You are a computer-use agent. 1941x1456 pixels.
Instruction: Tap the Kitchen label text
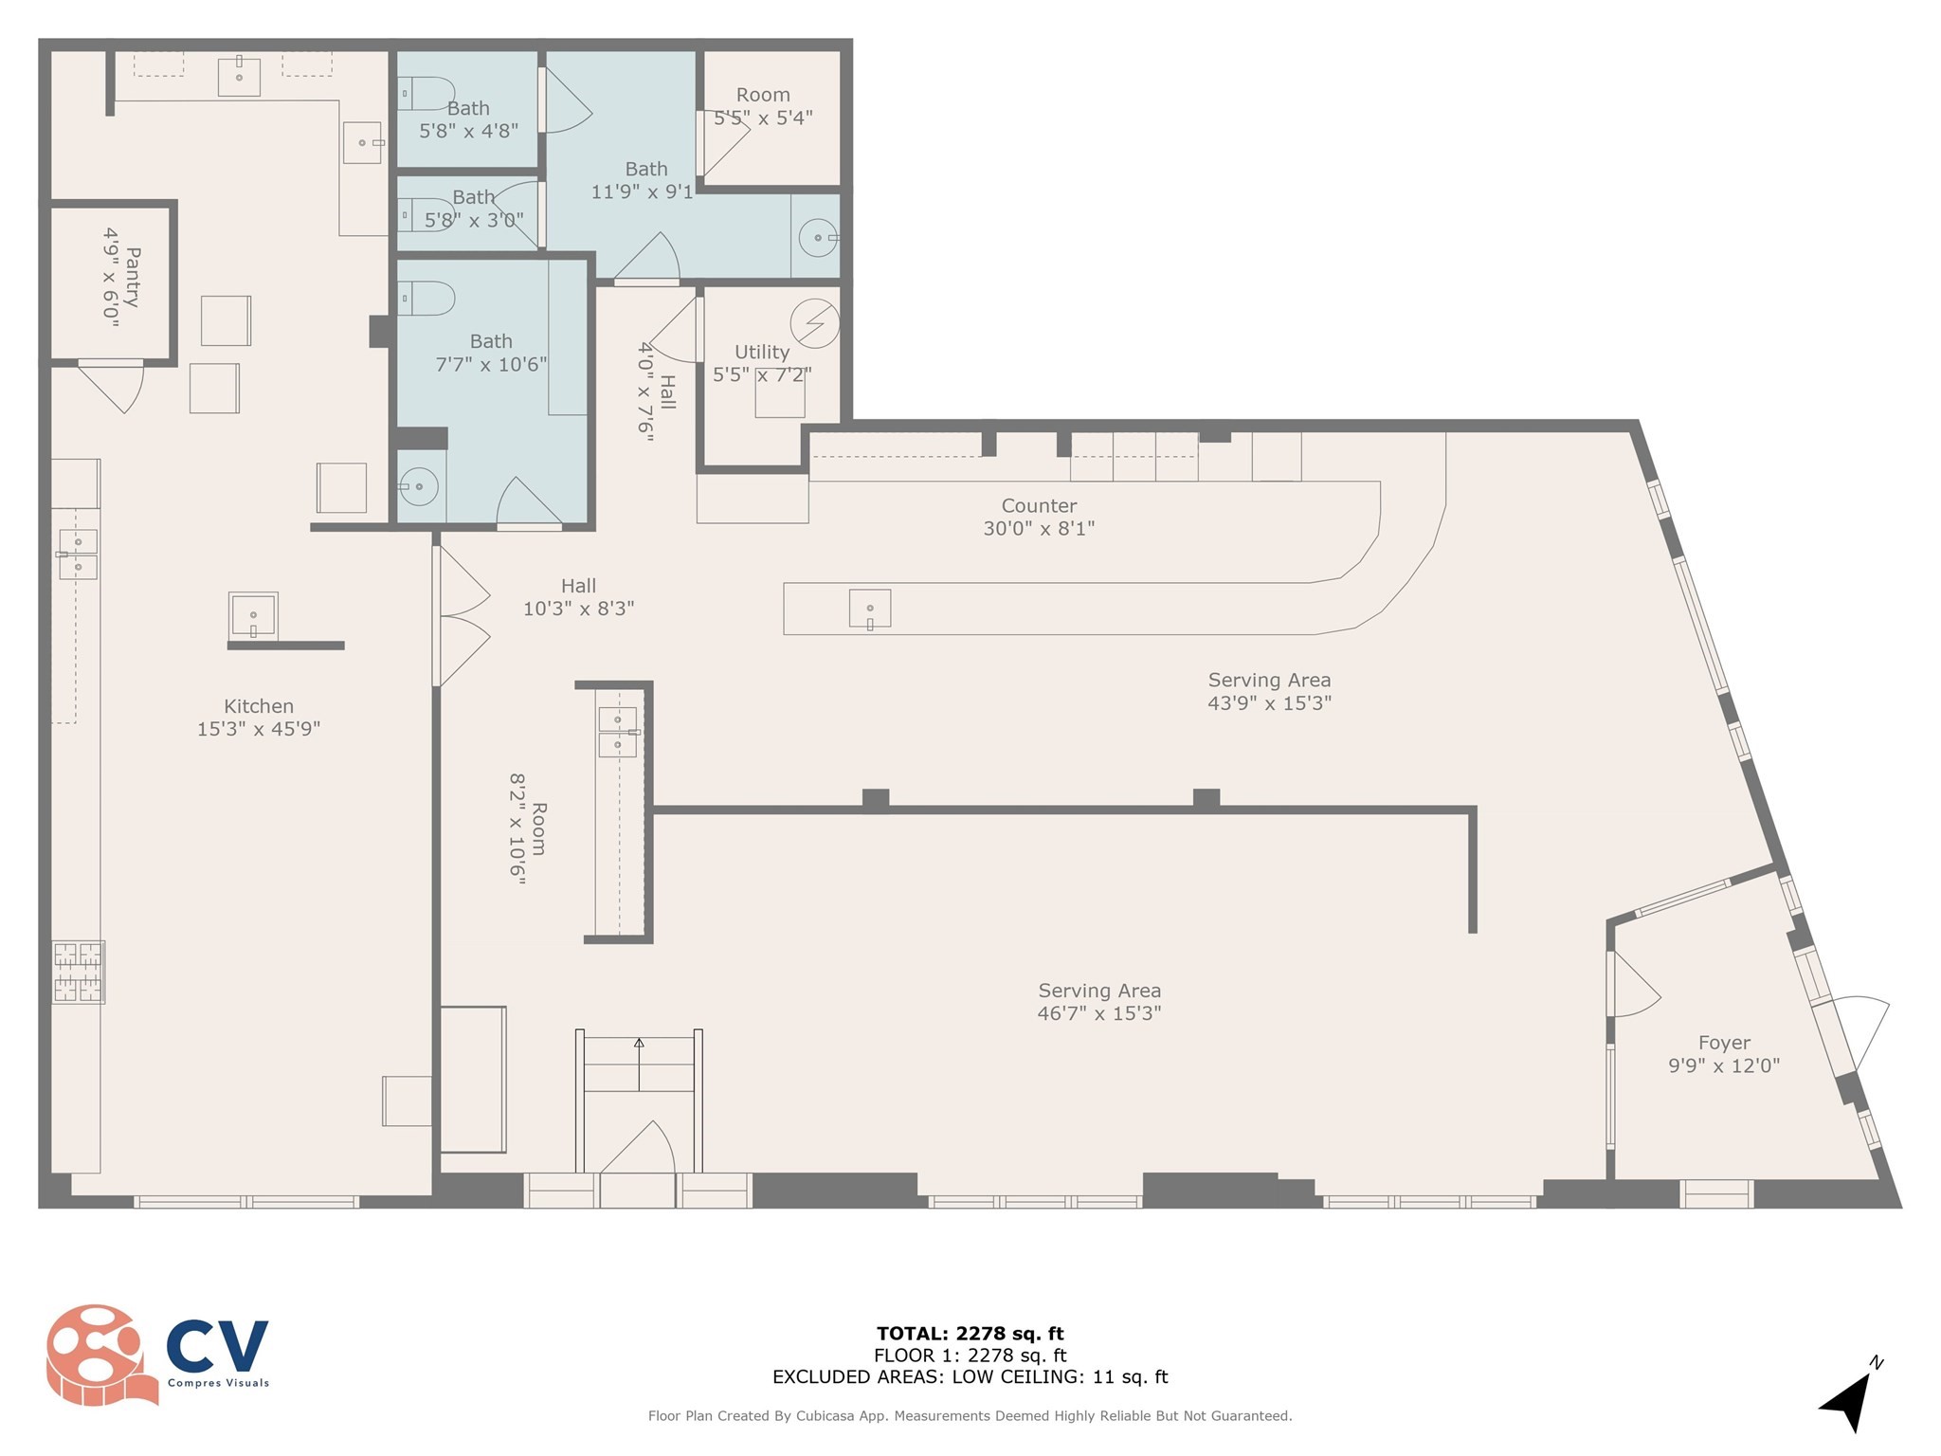pos(259,706)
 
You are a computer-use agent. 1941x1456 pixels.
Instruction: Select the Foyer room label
pos(1724,1043)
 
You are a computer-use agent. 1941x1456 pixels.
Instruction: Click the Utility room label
pos(762,352)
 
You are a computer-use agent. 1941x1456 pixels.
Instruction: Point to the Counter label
pos(1039,505)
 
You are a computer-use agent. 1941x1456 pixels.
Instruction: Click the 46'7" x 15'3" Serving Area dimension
pos(1099,1012)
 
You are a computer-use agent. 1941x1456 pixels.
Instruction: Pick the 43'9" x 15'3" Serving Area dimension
pos(1269,702)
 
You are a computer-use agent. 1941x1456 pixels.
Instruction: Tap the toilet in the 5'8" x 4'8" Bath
pos(426,94)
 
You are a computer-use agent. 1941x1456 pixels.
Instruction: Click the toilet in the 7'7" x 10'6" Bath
pos(426,299)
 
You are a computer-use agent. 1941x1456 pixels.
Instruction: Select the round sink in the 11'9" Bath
pos(818,237)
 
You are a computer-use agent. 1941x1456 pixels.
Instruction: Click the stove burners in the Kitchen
pos(78,972)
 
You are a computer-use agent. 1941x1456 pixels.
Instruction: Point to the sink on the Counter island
pos(869,609)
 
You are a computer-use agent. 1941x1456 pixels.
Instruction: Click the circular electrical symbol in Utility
pos(814,323)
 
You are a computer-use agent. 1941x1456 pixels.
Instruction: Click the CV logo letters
pos(217,1345)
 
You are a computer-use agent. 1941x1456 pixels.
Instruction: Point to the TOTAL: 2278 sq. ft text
pos(970,1334)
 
